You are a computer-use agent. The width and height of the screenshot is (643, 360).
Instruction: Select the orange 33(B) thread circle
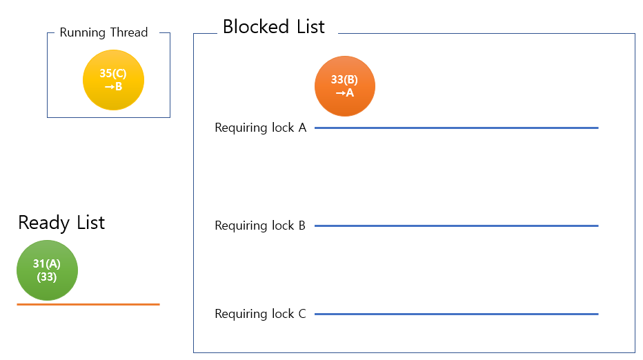(x=344, y=86)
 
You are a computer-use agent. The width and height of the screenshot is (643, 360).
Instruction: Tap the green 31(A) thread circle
(x=47, y=270)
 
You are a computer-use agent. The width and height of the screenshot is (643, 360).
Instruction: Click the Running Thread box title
(x=103, y=32)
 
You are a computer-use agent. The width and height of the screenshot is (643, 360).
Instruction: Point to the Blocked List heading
(x=273, y=27)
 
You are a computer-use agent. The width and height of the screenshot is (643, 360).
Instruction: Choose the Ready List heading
(x=61, y=223)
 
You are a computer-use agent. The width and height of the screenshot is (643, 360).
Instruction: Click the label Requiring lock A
(x=260, y=128)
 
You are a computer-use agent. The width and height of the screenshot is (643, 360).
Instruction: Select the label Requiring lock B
(x=260, y=226)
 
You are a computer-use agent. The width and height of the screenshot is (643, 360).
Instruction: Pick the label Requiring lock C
(x=260, y=314)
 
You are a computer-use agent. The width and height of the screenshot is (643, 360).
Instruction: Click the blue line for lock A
(x=455, y=128)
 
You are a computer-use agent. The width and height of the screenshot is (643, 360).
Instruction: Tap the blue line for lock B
(x=455, y=226)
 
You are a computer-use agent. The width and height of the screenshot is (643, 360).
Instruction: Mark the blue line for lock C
(x=455, y=314)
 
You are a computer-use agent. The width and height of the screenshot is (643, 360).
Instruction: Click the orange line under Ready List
(x=88, y=304)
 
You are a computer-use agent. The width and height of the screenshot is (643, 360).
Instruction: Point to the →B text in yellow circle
(x=113, y=87)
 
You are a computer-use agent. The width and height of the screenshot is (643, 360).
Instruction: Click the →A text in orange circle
(x=344, y=92)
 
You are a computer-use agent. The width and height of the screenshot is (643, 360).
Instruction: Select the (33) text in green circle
(x=47, y=277)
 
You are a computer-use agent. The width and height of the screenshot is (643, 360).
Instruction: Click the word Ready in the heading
(x=43, y=223)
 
